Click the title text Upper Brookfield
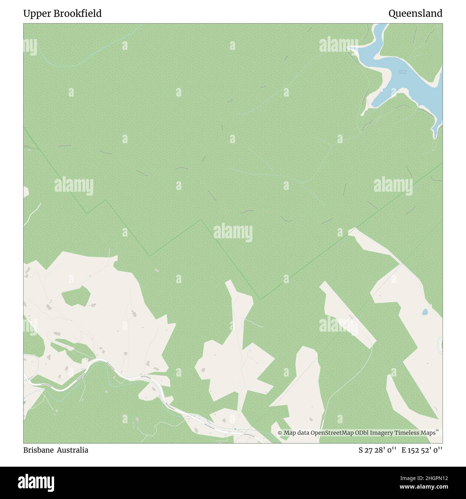click(x=62, y=14)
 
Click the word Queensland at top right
click(x=415, y=14)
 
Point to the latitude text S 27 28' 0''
click(x=377, y=450)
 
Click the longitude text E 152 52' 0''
click(x=422, y=450)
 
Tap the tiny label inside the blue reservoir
click(x=403, y=71)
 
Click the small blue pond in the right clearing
click(x=425, y=312)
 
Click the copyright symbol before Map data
click(x=280, y=433)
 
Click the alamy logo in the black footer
click(x=36, y=482)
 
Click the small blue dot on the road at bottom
click(x=235, y=429)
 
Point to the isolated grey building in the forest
click(x=156, y=270)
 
